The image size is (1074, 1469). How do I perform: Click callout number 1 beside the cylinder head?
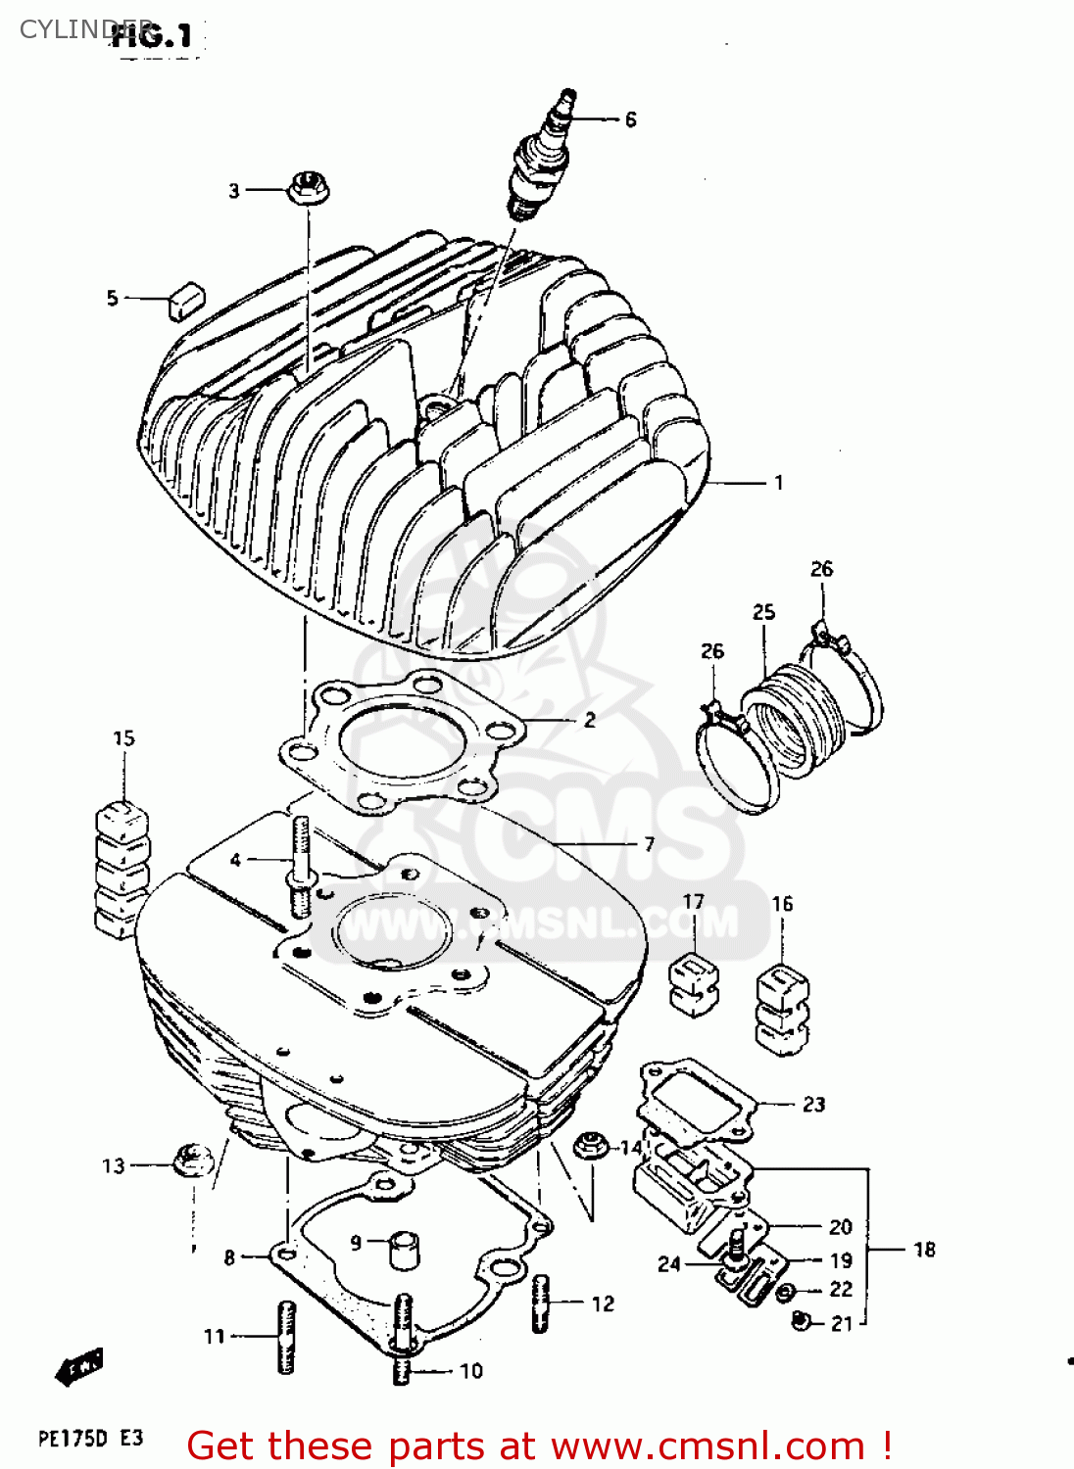pos(779,483)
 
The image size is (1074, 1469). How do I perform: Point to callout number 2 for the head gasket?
pos(590,720)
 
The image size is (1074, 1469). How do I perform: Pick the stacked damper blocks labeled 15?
pos(122,867)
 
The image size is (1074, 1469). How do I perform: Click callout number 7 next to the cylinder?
pos(649,844)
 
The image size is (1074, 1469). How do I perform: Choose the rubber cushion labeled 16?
pos(782,1009)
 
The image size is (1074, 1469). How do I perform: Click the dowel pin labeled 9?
pos(404,1250)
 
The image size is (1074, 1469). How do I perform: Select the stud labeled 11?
pos(286,1337)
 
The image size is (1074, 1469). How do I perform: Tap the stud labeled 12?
pos(541,1303)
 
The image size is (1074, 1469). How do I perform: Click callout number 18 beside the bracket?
pos(924,1250)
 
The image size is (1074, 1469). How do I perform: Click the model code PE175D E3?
pos(90,1438)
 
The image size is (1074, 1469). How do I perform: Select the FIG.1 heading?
pos(152,37)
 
